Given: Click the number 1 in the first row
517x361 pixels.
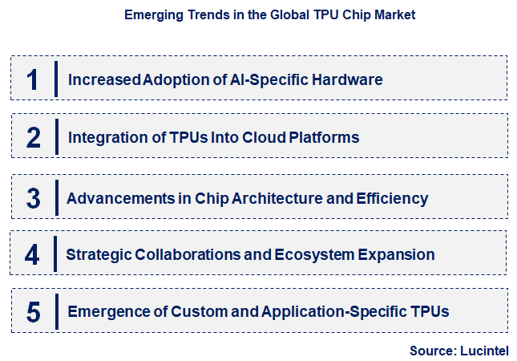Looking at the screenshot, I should click(x=33, y=79).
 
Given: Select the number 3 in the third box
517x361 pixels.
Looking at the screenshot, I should click(x=33, y=198).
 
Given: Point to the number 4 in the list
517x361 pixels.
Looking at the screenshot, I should click(x=32, y=255).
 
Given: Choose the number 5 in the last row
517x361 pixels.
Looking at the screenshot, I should click(x=33, y=311).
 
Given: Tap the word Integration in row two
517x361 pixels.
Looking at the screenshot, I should click(x=103, y=138).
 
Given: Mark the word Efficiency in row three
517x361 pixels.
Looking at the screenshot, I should click(x=394, y=198).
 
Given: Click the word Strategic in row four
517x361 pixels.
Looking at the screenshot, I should click(x=98, y=255).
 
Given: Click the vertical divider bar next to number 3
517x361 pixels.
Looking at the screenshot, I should click(x=56, y=198).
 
